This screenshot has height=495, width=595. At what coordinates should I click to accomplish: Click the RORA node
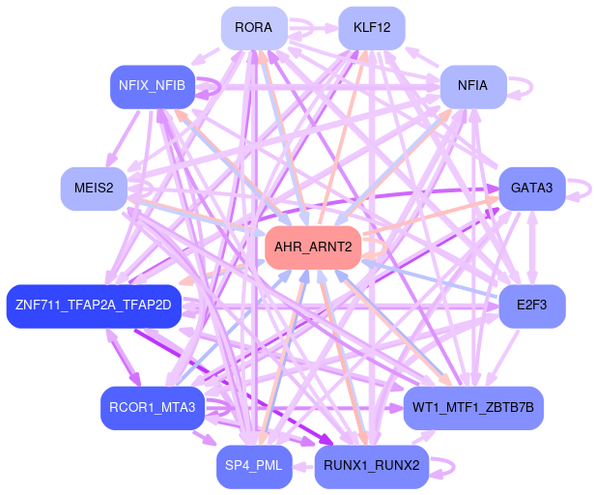pos(253,27)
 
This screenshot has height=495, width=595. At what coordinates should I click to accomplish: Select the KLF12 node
pos(372,27)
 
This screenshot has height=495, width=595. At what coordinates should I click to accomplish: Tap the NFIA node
pos(472,85)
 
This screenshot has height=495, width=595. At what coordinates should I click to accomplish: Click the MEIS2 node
pos(94,188)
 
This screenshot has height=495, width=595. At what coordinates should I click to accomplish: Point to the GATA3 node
pos(531,188)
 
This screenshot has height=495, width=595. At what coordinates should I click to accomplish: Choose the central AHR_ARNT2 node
pos(314,248)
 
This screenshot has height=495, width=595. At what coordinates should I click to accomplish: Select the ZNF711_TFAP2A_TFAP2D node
pos(94,306)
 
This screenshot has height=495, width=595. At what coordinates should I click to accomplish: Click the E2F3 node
pos(531,306)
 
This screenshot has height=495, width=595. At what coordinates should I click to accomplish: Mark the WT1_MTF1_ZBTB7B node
pos(473,407)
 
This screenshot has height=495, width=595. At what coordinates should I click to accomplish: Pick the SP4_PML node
pos(254,466)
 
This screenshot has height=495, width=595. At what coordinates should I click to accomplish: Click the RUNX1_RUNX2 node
pos(372,466)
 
